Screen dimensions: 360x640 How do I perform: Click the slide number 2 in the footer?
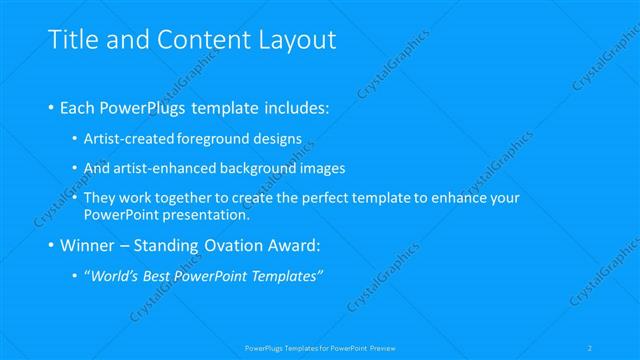[x=590, y=347]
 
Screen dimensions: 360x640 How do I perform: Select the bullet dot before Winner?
[x=51, y=245]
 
